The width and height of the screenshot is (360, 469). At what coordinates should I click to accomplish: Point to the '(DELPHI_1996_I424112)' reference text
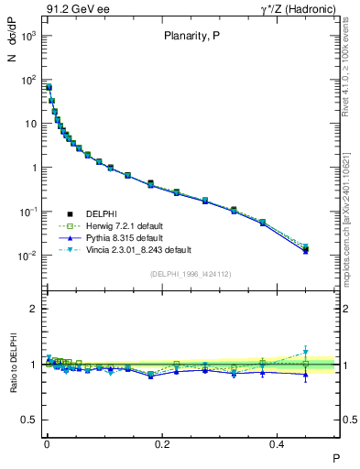coord(191,273)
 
